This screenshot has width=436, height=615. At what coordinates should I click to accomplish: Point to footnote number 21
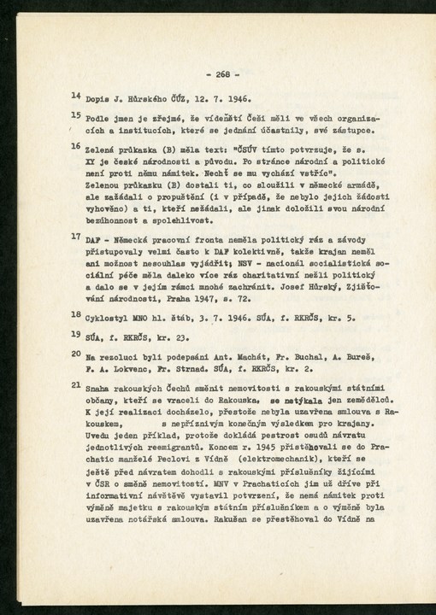point(75,382)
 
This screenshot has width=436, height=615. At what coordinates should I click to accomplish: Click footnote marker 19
point(75,334)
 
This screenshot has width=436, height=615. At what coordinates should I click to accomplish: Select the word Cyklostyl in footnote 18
point(106,316)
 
